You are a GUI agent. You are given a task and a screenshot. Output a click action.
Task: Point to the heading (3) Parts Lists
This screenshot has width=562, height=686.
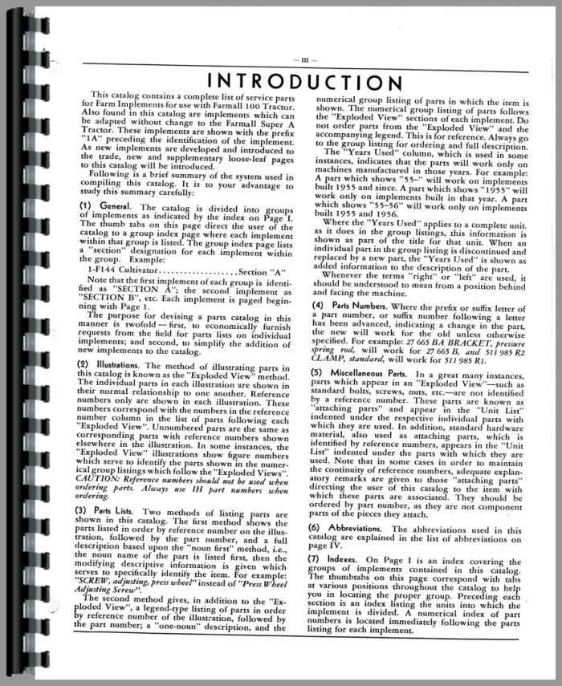click(117, 533)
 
